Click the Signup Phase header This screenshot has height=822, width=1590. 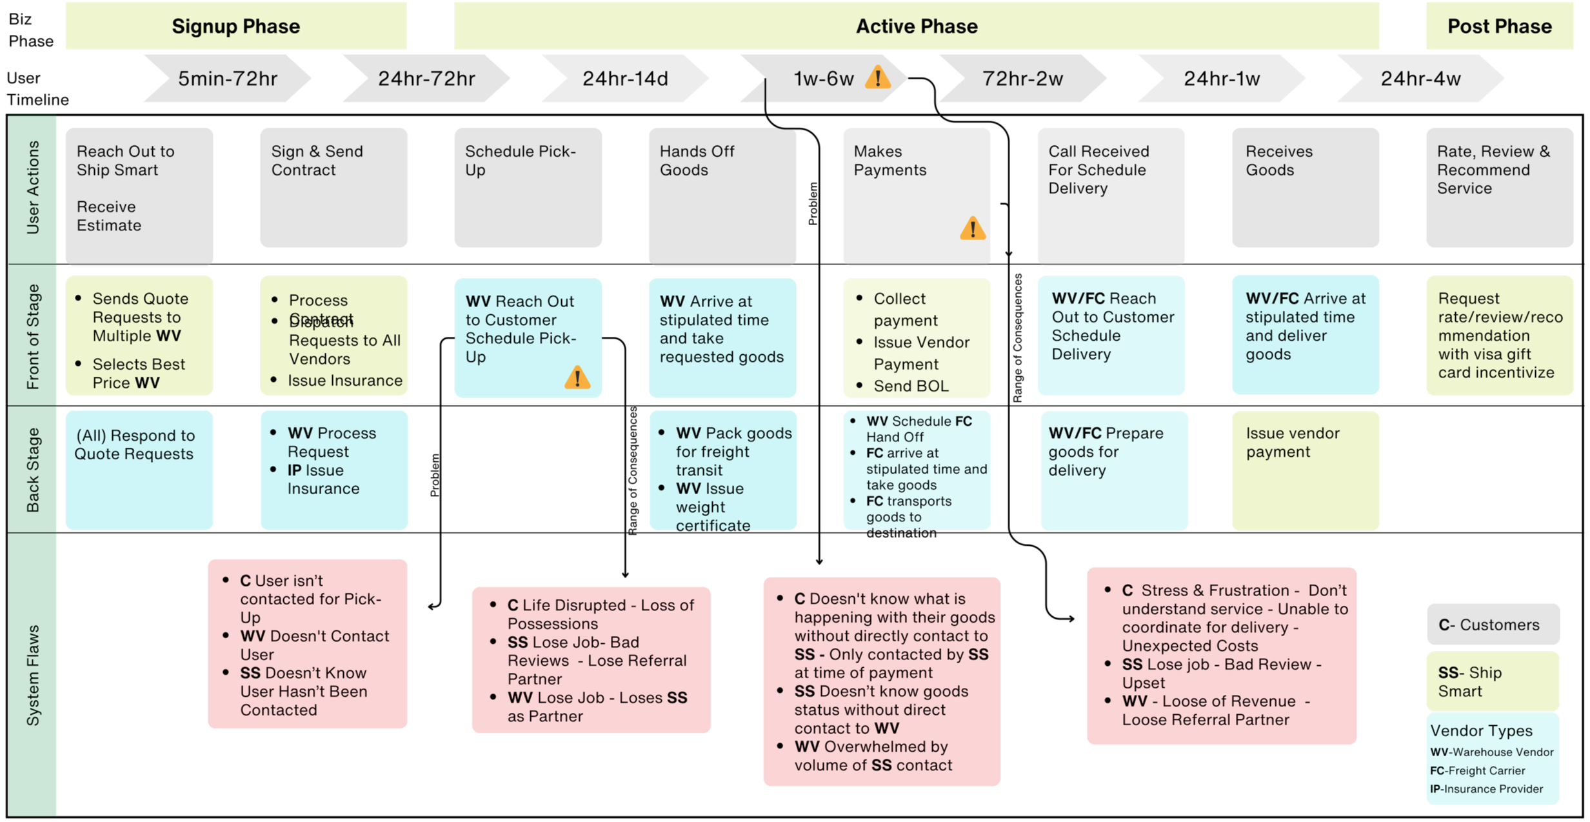(235, 26)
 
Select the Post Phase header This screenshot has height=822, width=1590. (1499, 26)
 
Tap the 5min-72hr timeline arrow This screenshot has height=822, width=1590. (228, 79)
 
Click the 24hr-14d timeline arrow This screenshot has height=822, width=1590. (625, 79)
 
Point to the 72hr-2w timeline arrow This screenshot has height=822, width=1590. (1022, 79)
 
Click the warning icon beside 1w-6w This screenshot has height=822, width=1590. (877, 78)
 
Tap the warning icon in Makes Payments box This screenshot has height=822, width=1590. (972, 229)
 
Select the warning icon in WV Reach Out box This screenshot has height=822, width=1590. (577, 377)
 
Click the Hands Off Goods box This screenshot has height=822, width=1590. (722, 195)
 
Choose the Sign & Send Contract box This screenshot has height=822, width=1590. (333, 187)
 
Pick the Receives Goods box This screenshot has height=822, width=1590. (1305, 187)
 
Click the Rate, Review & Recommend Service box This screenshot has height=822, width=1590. (1499, 187)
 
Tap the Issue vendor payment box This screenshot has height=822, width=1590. (1305, 470)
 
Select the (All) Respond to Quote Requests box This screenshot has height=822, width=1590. (139, 470)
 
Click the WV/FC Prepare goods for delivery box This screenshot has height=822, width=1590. (1114, 470)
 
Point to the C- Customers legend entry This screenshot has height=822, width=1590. (1493, 625)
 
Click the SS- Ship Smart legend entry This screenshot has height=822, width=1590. (1493, 681)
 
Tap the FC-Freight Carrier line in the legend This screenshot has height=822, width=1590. (1477, 771)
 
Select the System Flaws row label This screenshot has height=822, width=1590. (33, 674)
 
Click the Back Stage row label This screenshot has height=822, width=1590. (33, 470)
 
